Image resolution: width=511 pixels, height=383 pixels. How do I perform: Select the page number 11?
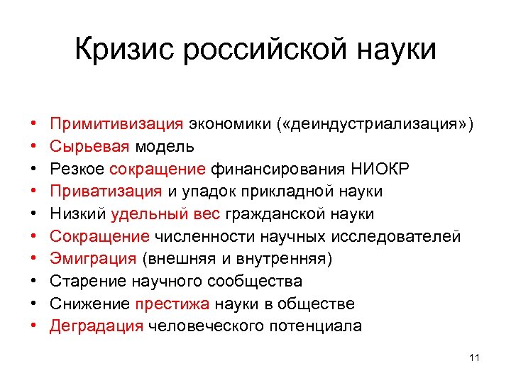(x=475, y=357)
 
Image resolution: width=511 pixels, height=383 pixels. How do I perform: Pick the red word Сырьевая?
(x=89, y=146)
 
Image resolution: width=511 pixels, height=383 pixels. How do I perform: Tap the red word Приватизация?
(x=106, y=191)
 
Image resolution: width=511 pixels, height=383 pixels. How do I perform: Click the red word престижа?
(x=170, y=304)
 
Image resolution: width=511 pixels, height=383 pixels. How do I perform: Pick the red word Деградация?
(x=97, y=326)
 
